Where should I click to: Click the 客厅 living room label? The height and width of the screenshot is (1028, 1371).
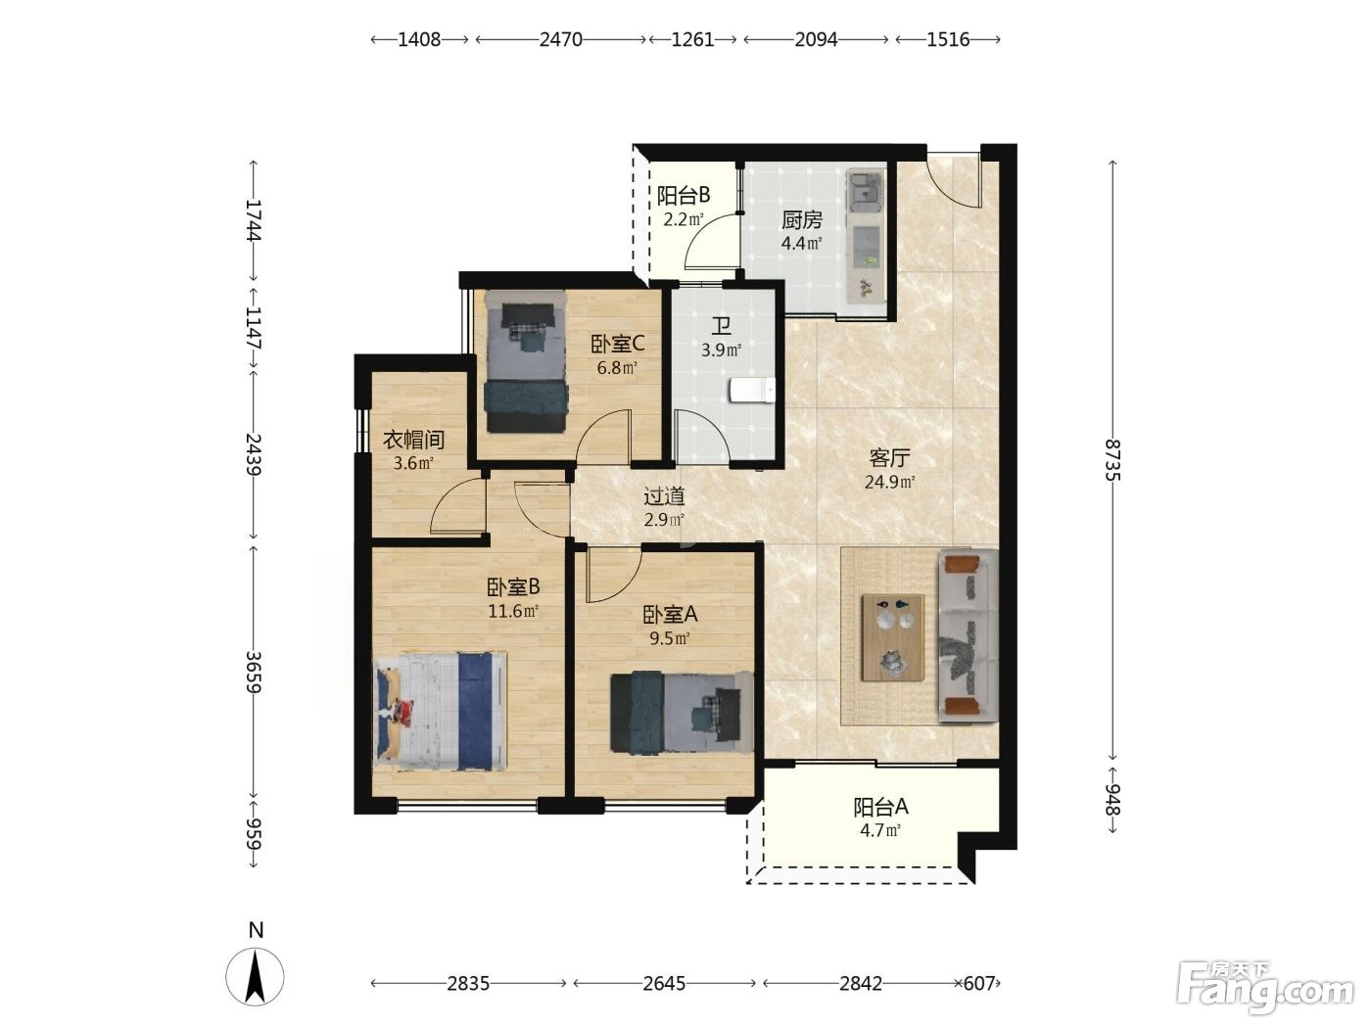(x=889, y=459)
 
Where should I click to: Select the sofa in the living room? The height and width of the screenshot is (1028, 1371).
(x=969, y=635)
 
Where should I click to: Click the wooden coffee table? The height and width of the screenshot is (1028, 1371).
(x=892, y=637)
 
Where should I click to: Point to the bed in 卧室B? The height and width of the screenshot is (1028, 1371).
(x=441, y=712)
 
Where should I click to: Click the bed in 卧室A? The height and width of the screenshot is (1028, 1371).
(x=682, y=712)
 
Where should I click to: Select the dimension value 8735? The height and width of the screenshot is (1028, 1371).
(x=1112, y=460)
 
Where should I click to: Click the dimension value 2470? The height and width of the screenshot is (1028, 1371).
(x=561, y=40)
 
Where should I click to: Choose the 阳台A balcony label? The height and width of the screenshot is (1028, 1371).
(x=880, y=808)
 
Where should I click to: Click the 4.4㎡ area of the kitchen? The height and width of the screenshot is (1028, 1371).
(x=801, y=243)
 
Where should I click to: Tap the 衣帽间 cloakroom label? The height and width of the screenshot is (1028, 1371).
(x=413, y=440)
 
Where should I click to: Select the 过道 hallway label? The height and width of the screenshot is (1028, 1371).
(x=664, y=496)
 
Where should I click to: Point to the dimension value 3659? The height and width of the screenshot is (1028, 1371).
(x=253, y=673)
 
